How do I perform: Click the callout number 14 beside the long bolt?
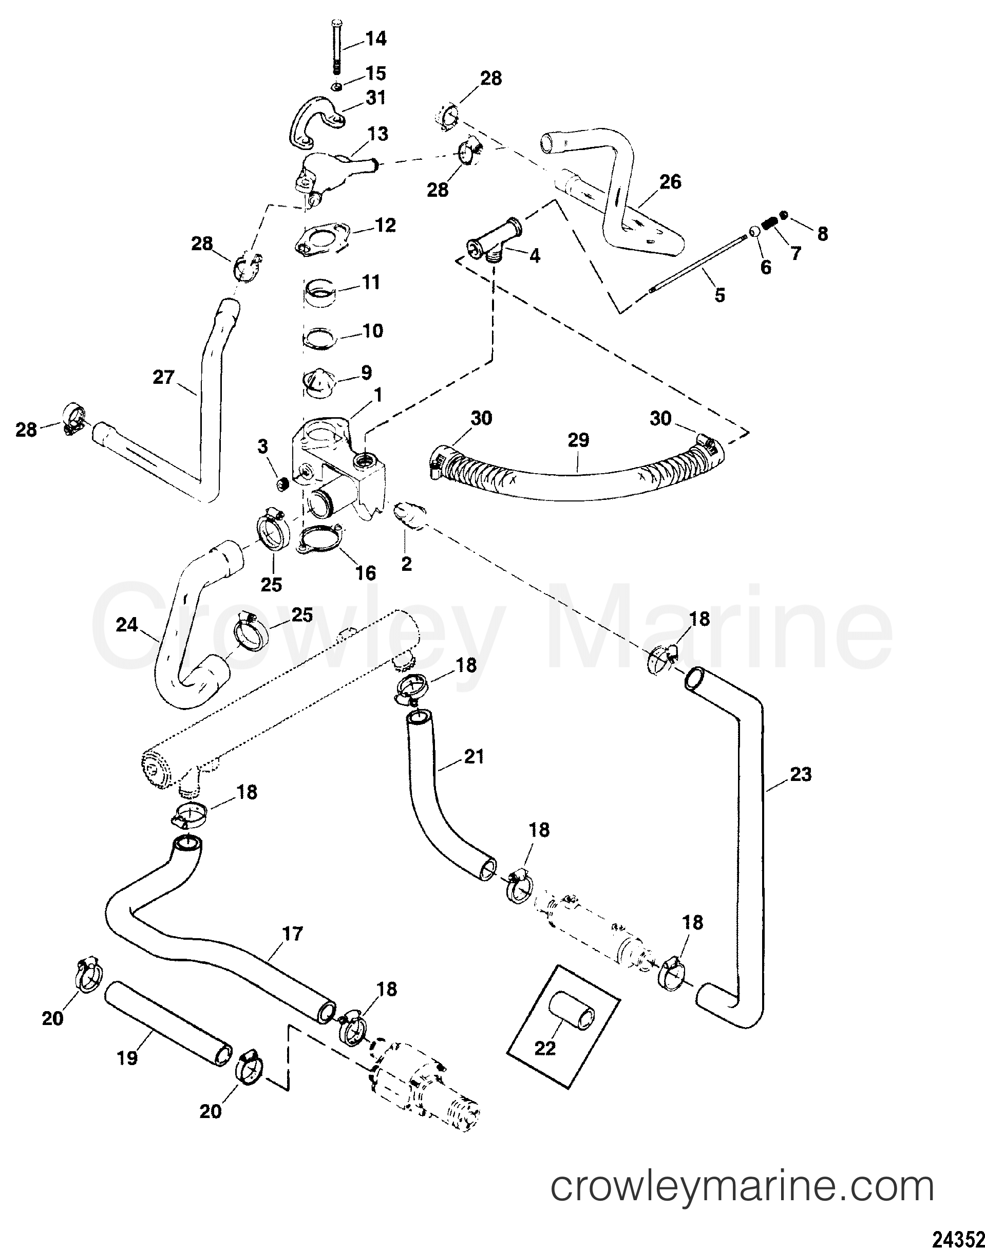click(375, 39)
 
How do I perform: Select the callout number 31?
click(375, 98)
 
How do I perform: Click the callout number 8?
click(822, 234)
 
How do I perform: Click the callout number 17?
click(293, 934)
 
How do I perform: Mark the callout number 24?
click(127, 624)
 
